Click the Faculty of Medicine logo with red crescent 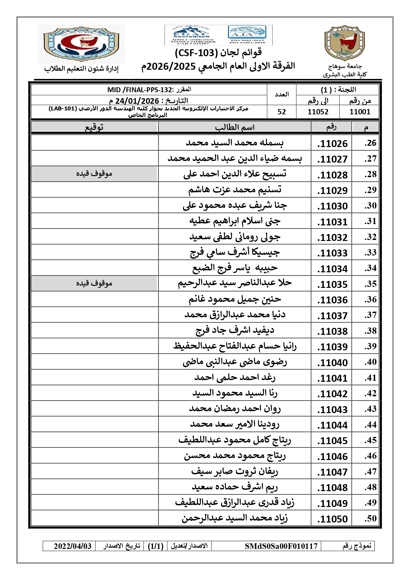81,44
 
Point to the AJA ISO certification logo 247,34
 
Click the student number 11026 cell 332,143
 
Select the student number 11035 332,284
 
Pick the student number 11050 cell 332,519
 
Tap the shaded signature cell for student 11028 94,174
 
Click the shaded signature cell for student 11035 94,284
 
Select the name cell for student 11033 235,253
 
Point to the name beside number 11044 235,425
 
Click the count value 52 281,112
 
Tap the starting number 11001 360,112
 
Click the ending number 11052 318,112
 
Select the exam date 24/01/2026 137,101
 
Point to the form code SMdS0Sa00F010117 281,546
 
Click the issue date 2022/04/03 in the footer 73,546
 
